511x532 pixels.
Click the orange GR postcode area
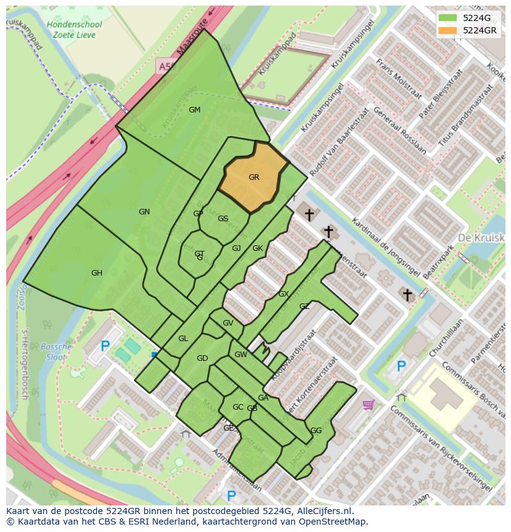(254, 177)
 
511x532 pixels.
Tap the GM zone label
(194, 110)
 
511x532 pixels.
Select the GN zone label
(144, 212)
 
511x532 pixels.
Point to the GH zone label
(97, 273)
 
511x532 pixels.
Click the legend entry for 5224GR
(480, 30)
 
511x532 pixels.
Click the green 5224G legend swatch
(447, 18)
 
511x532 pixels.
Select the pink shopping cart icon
(368, 405)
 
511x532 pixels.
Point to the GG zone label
(316, 431)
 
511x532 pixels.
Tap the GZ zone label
(304, 306)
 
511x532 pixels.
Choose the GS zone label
(223, 219)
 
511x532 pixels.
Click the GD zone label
(202, 359)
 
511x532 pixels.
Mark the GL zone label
(183, 339)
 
